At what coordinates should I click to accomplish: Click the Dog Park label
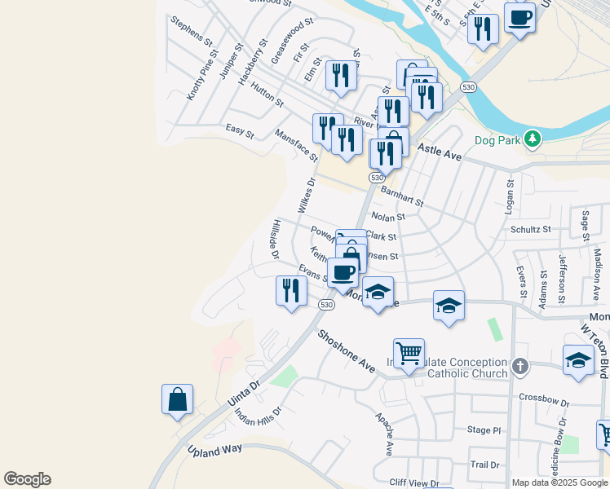tap(497, 140)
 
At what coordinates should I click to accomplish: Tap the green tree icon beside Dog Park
tap(533, 139)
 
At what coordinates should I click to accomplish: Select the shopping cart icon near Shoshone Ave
tap(409, 354)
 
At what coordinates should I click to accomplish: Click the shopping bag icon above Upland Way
tap(177, 399)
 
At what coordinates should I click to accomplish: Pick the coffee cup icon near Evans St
tap(343, 272)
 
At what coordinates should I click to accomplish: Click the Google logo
tap(27, 479)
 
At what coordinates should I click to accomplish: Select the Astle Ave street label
tap(440, 152)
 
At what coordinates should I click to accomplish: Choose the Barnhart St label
tap(403, 196)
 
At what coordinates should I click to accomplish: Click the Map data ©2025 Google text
tap(559, 482)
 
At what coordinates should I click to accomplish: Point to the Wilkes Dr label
tap(306, 196)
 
